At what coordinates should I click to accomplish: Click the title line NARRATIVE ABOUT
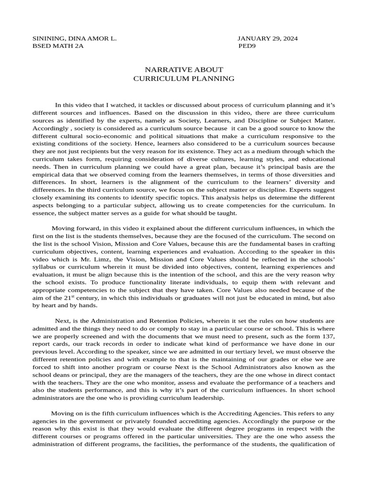pyautogui.click(x=184, y=70)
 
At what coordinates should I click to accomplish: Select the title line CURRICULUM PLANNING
pyautogui.click(x=184, y=78)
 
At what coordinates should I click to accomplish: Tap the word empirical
pyautogui.click(x=48, y=174)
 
